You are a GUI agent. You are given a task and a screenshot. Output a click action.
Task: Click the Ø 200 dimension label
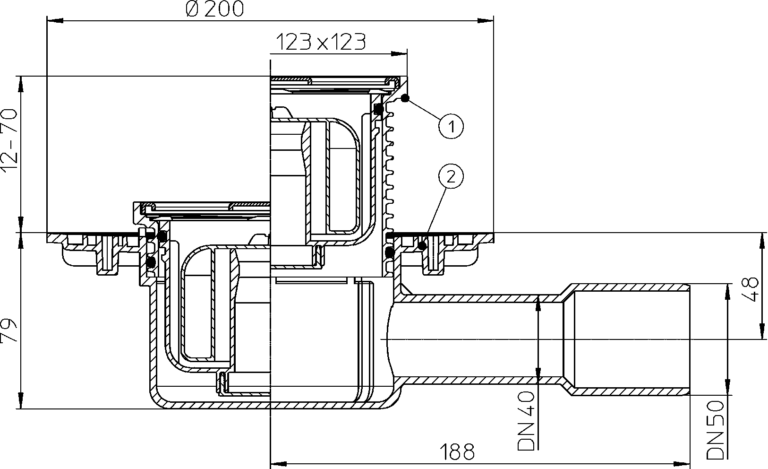click(215, 9)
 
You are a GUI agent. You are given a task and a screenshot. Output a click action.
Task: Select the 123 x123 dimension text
click(321, 42)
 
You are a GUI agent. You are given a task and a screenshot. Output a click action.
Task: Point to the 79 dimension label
click(9, 330)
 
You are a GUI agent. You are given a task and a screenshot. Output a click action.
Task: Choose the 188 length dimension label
click(457, 452)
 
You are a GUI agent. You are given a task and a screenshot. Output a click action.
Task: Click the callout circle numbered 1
click(451, 126)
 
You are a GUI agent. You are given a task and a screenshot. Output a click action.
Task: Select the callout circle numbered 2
click(451, 177)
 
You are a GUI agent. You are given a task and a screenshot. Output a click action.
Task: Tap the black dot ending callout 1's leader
click(405, 98)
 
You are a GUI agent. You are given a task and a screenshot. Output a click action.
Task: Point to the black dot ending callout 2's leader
click(422, 246)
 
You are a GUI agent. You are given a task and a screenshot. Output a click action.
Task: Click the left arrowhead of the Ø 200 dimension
click(55, 21)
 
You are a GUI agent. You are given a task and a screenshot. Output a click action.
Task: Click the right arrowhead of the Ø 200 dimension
click(486, 21)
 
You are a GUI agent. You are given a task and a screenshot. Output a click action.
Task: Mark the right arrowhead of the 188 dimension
click(681, 464)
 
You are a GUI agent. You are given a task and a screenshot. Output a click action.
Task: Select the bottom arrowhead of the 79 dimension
click(21, 400)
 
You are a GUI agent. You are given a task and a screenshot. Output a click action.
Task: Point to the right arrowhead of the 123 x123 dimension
click(399, 53)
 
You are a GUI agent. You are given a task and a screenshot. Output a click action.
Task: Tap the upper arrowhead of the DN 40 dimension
click(538, 303)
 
